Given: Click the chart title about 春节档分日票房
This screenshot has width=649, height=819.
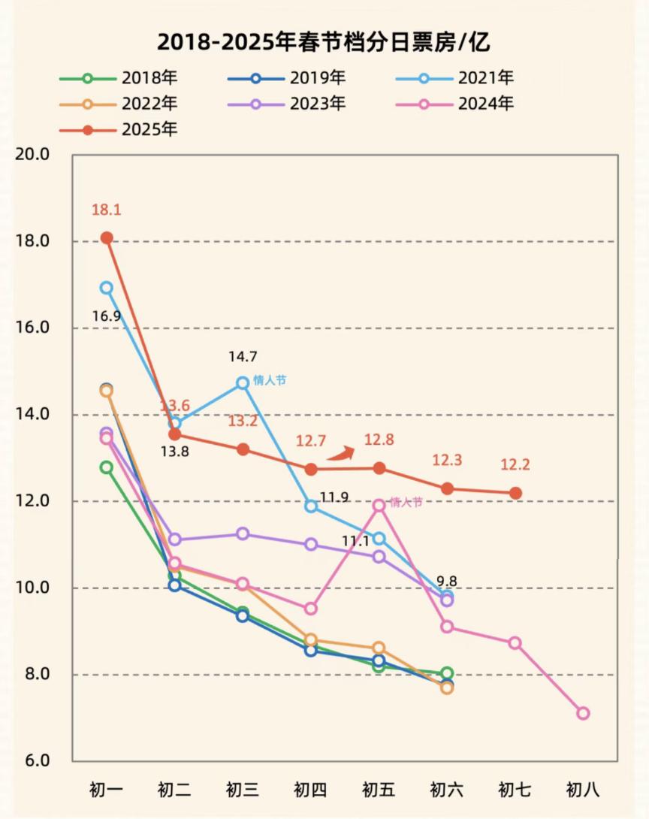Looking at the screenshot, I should [324, 41].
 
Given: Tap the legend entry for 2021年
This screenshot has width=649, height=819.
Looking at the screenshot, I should [459, 78].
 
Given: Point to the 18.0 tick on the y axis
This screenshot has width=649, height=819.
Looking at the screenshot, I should [34, 241].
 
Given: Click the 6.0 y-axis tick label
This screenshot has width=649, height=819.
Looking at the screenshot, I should [34, 761].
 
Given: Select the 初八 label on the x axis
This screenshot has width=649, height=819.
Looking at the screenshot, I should [583, 790].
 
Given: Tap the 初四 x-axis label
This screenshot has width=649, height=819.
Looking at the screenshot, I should [310, 790].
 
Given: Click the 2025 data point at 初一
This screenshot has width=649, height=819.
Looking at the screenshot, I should [107, 237].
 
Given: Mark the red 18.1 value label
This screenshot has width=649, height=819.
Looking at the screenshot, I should [107, 210].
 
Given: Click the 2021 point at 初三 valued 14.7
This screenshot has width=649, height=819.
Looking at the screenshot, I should [243, 383].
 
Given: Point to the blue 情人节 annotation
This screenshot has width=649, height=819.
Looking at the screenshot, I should [270, 380].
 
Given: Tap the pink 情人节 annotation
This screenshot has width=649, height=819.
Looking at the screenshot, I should [406, 502].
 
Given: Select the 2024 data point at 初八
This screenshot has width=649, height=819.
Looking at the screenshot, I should [583, 713].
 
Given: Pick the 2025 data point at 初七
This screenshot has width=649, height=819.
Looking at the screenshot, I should [515, 493].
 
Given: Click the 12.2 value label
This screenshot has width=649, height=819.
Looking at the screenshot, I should [515, 465].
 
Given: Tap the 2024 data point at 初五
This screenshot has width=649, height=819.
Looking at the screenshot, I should [379, 506].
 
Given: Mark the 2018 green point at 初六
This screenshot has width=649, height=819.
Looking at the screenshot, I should [447, 673].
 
